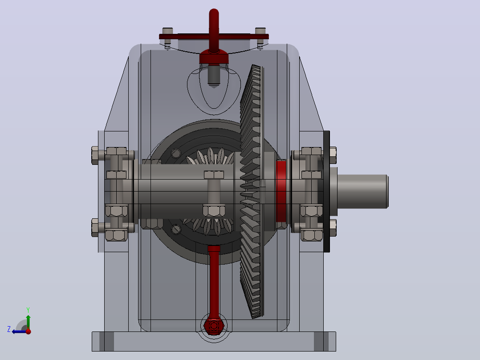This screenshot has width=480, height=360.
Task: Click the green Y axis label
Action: click(28, 310)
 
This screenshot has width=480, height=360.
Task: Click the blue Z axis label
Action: click(9, 329)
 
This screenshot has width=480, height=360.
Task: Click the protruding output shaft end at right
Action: click(362, 192)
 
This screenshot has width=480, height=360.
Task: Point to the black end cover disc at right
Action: click(327, 192)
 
